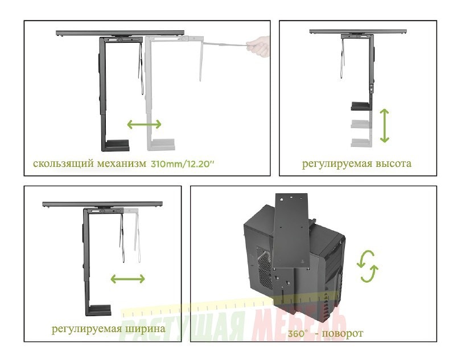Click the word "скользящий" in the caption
[64, 163]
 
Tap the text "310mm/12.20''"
[183, 163]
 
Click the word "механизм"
[121, 163]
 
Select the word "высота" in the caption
[393, 163]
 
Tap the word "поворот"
[343, 334]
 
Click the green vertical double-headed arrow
[384, 126]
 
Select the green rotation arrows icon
[367, 266]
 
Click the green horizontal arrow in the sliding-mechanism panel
[144, 124]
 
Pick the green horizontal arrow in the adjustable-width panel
[128, 279]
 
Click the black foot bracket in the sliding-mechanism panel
[115, 145]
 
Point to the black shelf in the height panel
[361, 106]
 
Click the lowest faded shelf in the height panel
[361, 142]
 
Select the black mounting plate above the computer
[291, 231]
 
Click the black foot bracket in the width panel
[98, 310]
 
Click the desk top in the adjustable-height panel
[358, 32]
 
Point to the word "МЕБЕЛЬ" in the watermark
[299, 327]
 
